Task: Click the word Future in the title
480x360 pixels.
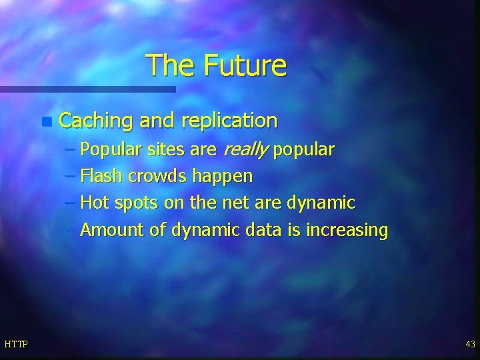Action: click(245, 65)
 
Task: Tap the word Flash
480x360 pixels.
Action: click(101, 177)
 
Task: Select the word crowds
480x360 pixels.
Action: click(157, 177)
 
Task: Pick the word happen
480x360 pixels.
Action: click(223, 177)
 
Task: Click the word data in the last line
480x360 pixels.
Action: click(263, 230)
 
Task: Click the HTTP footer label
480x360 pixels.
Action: click(15, 344)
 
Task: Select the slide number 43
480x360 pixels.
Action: click(470, 344)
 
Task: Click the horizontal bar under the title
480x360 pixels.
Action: click(87, 89)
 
